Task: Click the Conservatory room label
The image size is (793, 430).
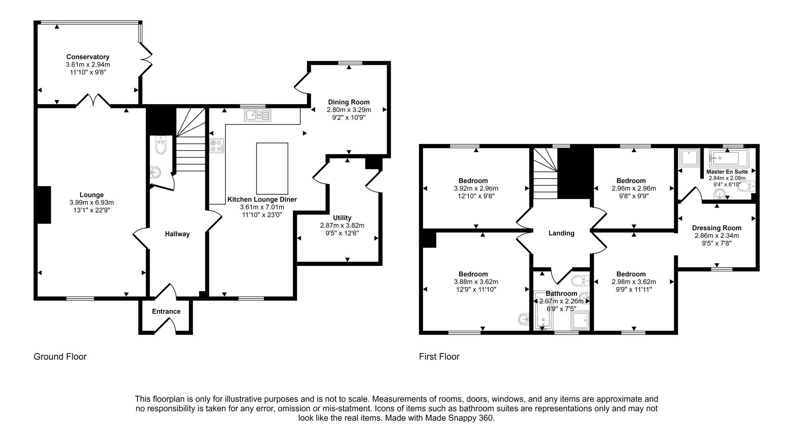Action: pos(88,57)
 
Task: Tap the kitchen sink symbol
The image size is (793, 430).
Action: pos(257,115)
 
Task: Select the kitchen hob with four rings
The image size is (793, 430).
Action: pos(217,146)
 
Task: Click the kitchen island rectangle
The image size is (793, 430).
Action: pos(272,168)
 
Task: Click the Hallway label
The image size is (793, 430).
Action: pos(177,234)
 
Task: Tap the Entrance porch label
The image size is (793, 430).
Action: pos(166,311)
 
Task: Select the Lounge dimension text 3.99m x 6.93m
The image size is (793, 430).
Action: pos(92,203)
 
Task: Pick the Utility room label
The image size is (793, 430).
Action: pos(342,218)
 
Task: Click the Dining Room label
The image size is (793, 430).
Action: pos(349,102)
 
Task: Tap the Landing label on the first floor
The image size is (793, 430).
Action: pos(561,233)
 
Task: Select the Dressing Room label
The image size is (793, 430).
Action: pos(717,228)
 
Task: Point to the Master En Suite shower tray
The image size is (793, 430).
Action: pos(689,158)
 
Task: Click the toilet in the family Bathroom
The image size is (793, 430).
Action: pos(581,281)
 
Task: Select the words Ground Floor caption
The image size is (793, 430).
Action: pos(60,356)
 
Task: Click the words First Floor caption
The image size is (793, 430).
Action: pos(439,356)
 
